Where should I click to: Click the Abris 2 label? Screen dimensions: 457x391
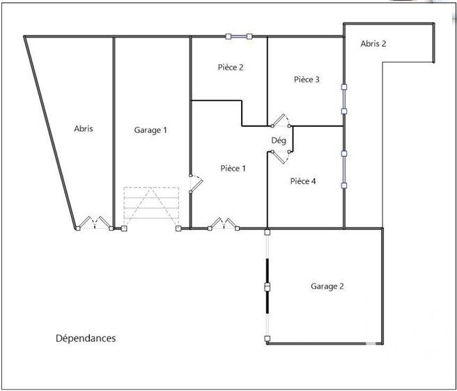373,44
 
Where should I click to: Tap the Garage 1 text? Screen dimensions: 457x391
150,130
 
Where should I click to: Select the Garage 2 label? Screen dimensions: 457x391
327,286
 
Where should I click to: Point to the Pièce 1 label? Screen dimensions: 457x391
233,168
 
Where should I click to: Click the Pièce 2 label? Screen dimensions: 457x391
231,68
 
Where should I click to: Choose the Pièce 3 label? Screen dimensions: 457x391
307,79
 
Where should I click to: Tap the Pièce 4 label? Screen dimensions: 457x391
303,181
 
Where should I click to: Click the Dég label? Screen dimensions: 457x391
279,141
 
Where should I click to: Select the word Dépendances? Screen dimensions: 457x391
86,338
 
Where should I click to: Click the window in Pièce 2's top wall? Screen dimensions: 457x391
239,36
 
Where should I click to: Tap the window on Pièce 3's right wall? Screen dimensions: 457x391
344,99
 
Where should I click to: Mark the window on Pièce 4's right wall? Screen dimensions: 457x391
344,169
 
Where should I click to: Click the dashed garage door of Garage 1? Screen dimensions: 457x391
151,208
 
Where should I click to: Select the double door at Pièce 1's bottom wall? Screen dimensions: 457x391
224,224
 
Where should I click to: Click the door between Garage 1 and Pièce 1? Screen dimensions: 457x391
196,184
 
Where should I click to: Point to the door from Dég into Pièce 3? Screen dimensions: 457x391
281,121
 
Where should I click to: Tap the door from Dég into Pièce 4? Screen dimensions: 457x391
281,157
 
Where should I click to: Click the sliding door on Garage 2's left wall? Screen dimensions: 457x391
268,286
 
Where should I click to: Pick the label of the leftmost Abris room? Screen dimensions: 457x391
84,128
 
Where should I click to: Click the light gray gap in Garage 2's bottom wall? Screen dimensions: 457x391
371,344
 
